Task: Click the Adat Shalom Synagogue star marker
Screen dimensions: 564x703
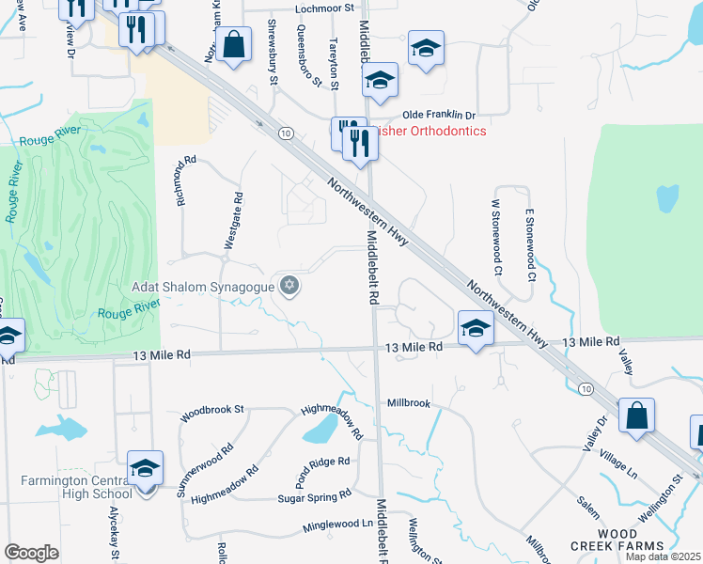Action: pos(289,286)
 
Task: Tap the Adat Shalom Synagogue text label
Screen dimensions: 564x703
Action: pos(203,286)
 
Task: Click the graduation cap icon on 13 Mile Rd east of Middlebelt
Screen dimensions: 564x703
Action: pos(476,329)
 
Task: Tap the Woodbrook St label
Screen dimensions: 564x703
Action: pos(212,411)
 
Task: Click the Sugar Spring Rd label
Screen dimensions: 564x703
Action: pos(314,495)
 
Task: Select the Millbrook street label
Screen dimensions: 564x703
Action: pos(409,403)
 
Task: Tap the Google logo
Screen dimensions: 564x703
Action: pos(31,553)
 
